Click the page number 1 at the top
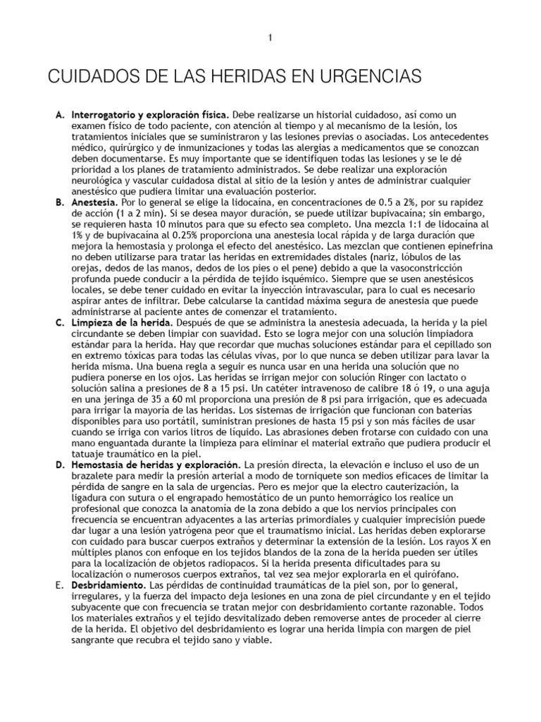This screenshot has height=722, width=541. pos(270,37)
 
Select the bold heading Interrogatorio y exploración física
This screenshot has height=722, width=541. pos(145,114)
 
